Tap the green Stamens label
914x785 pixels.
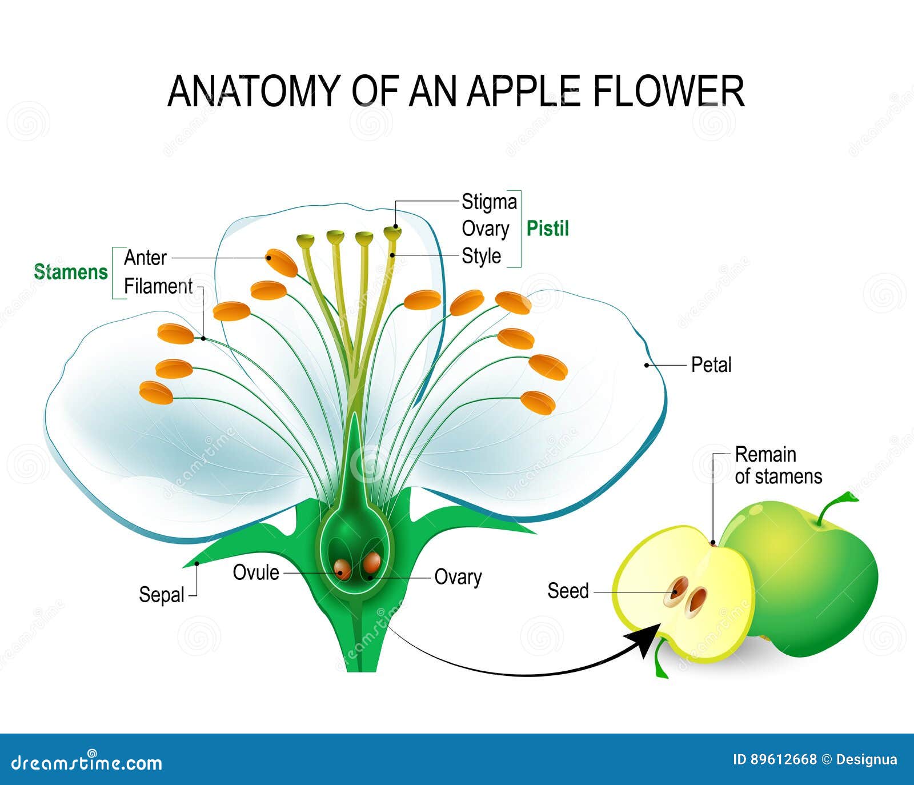pyautogui.click(x=71, y=272)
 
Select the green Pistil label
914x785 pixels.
pyautogui.click(x=547, y=229)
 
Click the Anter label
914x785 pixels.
pyautogui.click(x=145, y=258)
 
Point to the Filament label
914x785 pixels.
pyautogui.click(x=158, y=286)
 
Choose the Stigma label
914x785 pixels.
pyautogui.click(x=489, y=202)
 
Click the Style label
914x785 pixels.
pyautogui.click(x=481, y=256)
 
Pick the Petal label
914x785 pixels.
pyautogui.click(x=711, y=365)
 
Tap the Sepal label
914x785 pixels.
pyautogui.click(x=162, y=595)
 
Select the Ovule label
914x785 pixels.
pyautogui.click(x=256, y=572)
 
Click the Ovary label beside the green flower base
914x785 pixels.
pyautogui.click(x=458, y=577)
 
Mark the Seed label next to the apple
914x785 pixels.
pyautogui.click(x=568, y=591)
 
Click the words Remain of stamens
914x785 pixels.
pyautogui.click(x=777, y=465)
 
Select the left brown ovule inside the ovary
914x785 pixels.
pyautogui.click(x=343, y=568)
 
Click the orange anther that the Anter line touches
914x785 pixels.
pyautogui.click(x=282, y=262)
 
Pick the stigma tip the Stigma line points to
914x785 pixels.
pyautogui.click(x=392, y=232)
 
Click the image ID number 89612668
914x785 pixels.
pyautogui.click(x=784, y=759)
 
